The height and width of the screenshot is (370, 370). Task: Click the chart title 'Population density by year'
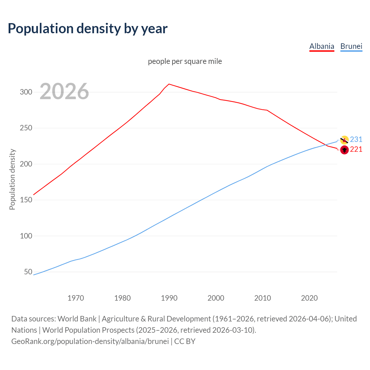pyautogui.click(x=88, y=28)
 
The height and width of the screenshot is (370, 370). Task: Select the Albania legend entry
pyautogui.click(x=322, y=46)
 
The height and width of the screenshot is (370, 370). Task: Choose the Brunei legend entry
pyautogui.click(x=351, y=46)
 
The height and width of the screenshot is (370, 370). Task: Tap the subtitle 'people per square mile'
pyautogui.click(x=185, y=61)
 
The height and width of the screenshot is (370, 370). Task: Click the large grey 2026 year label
pyautogui.click(x=64, y=91)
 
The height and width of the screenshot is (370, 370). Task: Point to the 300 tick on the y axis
pyautogui.click(x=26, y=92)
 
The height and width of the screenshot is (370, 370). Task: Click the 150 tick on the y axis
pyautogui.click(x=26, y=200)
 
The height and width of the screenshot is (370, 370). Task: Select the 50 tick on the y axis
pyautogui.click(x=28, y=272)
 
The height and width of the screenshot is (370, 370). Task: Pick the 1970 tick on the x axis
pyautogui.click(x=76, y=298)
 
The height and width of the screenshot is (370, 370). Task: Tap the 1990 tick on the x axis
pyautogui.click(x=169, y=298)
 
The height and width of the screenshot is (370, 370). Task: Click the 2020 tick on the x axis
pyautogui.click(x=309, y=298)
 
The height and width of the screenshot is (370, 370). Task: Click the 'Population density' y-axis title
pyautogui.click(x=12, y=179)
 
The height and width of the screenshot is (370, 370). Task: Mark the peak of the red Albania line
pyautogui.click(x=169, y=84)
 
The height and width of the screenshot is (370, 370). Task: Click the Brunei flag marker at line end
pyautogui.click(x=344, y=140)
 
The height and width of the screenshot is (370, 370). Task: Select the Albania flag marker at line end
pyautogui.click(x=344, y=150)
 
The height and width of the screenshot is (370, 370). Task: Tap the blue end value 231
pyautogui.click(x=356, y=140)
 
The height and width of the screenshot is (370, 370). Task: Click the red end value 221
pyautogui.click(x=356, y=149)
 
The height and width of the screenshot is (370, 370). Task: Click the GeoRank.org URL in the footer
pyautogui.click(x=90, y=341)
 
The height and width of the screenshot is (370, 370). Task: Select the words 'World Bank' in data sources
pyautogui.click(x=77, y=319)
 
